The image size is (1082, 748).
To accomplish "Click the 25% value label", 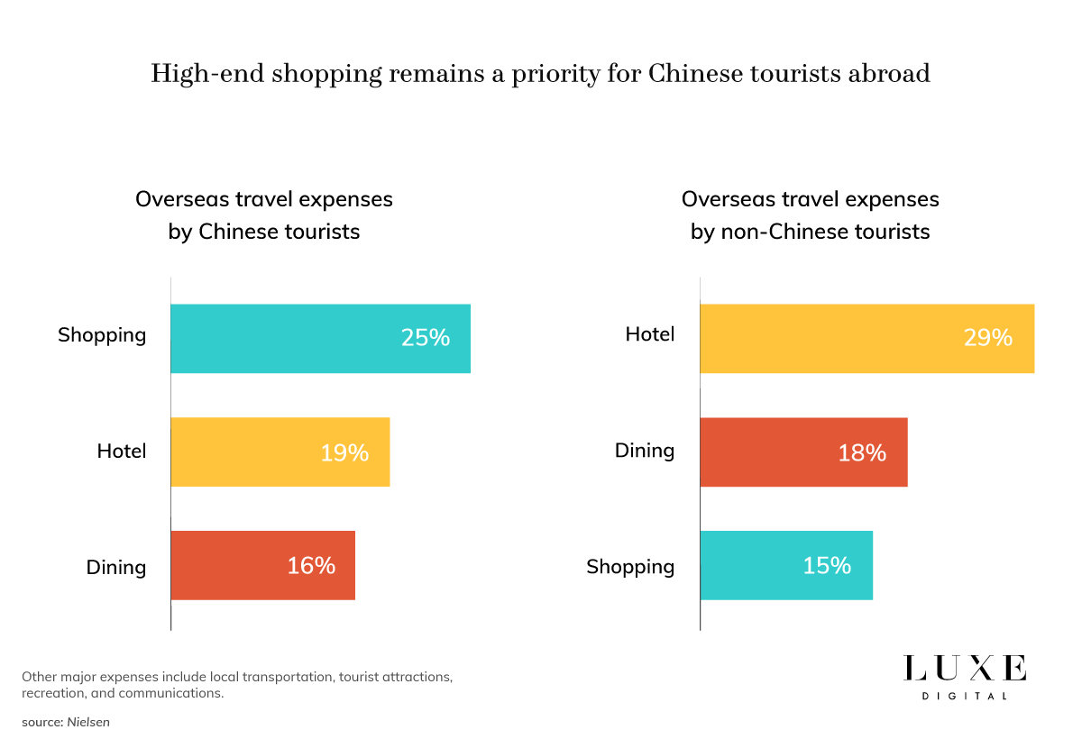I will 425,338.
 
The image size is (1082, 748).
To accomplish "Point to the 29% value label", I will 988,338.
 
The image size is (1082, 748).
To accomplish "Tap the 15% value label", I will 827,565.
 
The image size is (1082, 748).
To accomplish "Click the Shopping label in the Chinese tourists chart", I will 102,335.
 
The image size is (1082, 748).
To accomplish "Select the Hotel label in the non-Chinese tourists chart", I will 649,334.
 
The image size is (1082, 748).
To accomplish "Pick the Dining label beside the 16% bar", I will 115,567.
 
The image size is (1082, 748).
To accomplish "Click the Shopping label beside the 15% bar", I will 630,567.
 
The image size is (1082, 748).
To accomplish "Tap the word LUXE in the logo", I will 965,669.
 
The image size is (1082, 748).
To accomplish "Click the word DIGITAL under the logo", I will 965,696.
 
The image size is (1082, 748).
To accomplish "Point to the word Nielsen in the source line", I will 88,722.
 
